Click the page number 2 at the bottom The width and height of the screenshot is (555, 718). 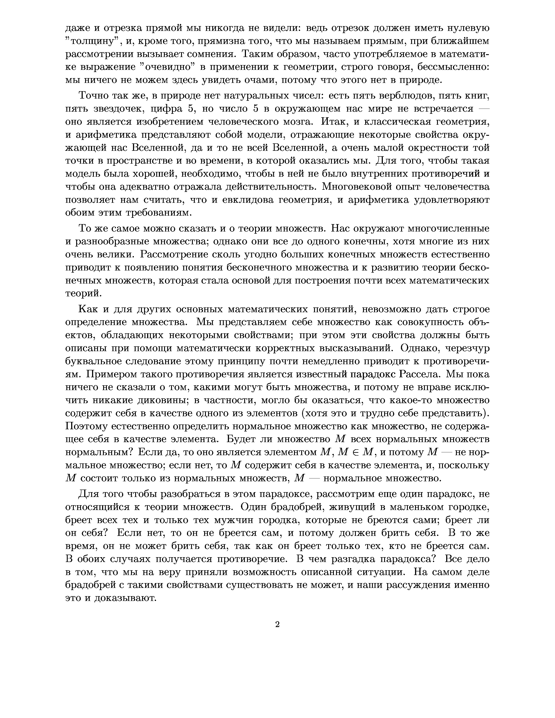(277, 624)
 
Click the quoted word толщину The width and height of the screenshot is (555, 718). (94, 41)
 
